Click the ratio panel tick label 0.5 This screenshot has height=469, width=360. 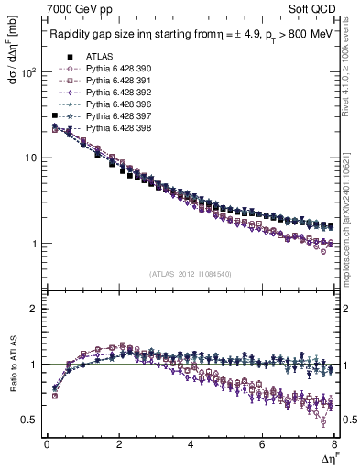(30, 420)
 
